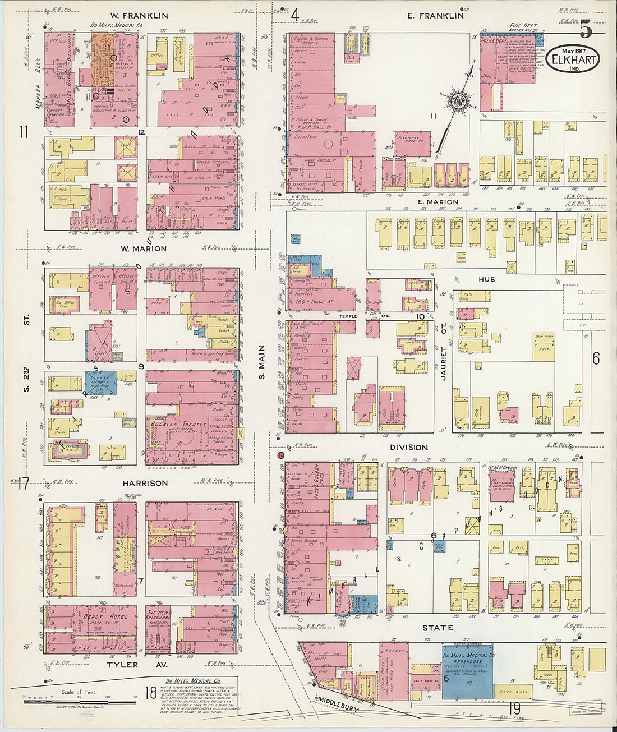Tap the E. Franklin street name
click(435, 16)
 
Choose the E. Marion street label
click(438, 202)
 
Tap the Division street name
click(409, 447)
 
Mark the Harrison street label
click(146, 483)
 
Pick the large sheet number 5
click(586, 28)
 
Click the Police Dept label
click(494, 41)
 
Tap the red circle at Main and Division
click(280, 455)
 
